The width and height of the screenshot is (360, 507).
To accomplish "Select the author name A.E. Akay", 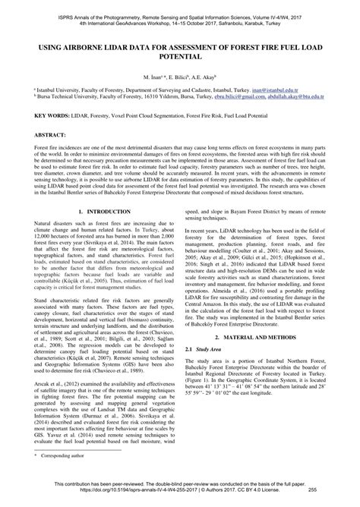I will click(198, 77).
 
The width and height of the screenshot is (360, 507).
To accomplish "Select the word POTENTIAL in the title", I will click(179, 57).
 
